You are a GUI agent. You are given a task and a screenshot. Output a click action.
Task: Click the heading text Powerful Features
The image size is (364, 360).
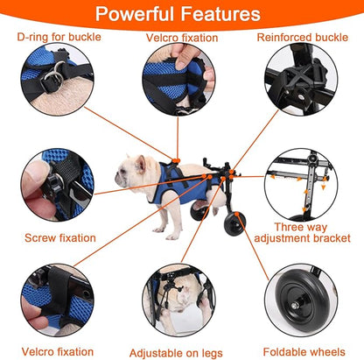(181, 14)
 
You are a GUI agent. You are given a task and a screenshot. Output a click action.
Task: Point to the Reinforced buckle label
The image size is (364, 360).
(305, 39)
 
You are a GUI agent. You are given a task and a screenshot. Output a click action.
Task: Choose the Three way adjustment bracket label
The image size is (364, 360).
(312, 229)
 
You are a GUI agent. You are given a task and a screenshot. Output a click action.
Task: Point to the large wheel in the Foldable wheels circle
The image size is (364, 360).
(308, 301)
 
